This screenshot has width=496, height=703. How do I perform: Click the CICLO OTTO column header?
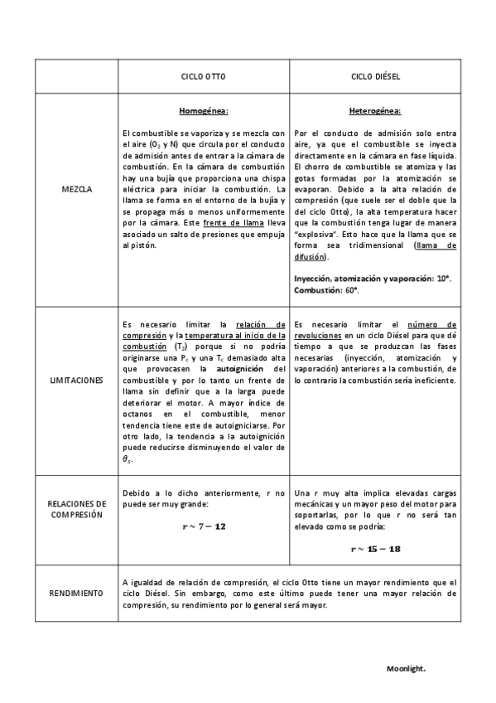point(202,77)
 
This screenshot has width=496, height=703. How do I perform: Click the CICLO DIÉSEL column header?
point(375,77)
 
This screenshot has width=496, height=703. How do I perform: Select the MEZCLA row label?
point(77,189)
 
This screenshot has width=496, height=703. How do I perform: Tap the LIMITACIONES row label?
point(77,381)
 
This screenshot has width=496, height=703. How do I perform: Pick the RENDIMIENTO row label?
point(77,594)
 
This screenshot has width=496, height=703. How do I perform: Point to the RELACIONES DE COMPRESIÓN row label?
point(77,508)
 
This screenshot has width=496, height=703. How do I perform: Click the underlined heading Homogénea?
point(204,110)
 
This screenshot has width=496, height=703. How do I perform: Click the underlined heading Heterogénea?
point(375,110)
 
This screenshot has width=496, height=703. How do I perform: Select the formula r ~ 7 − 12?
point(203,526)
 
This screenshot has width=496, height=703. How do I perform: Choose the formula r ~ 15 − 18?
point(375,548)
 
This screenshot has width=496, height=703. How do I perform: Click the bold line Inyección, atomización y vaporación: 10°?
point(372,279)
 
